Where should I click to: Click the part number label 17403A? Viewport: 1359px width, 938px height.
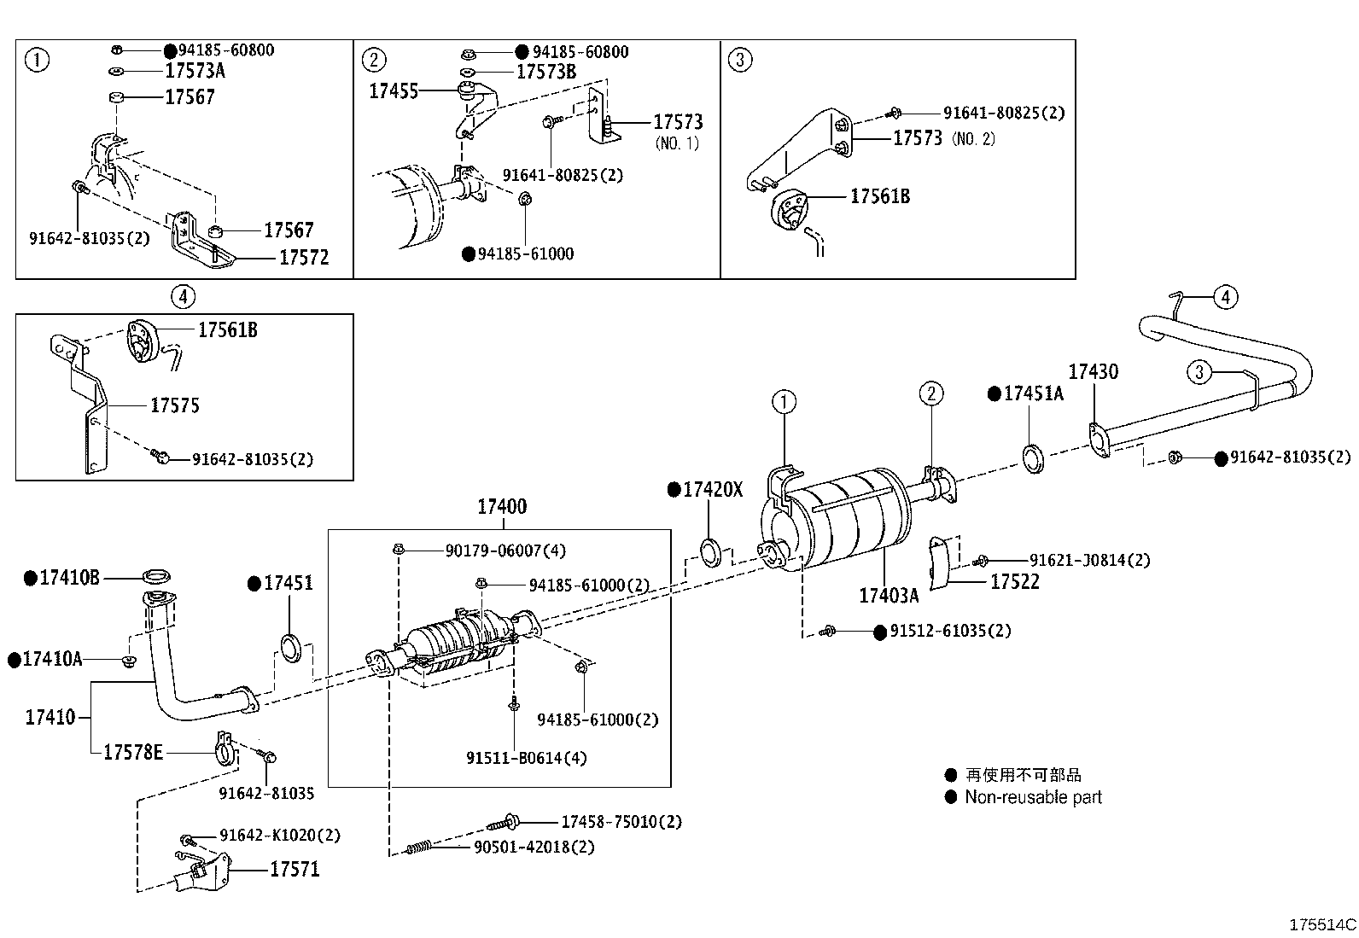coord(889,595)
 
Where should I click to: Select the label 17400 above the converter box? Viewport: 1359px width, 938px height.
coord(501,506)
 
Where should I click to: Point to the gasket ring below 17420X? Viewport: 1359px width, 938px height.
coord(711,552)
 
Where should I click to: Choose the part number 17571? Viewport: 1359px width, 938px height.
coord(295,869)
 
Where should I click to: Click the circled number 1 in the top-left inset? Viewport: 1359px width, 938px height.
coord(37,60)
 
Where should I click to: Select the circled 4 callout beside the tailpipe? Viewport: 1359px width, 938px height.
coord(1225,297)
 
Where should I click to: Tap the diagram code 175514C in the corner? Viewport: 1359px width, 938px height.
coord(1321,924)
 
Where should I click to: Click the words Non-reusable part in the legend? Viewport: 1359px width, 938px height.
coord(1033,797)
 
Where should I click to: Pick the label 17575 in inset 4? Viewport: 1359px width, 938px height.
coord(174,405)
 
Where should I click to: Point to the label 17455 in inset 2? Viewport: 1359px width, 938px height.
coord(394,90)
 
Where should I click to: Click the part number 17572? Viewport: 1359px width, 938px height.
coord(303,257)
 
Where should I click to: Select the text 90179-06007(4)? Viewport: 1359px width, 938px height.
coord(505,551)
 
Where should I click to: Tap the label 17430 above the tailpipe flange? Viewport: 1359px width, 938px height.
coord(1093,371)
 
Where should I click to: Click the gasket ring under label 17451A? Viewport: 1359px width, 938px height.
coord(1033,458)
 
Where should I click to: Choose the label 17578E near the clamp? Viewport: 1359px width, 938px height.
coord(132,752)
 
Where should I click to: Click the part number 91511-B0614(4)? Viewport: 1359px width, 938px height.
coord(527,757)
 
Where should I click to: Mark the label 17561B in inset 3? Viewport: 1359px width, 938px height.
coord(879,196)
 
